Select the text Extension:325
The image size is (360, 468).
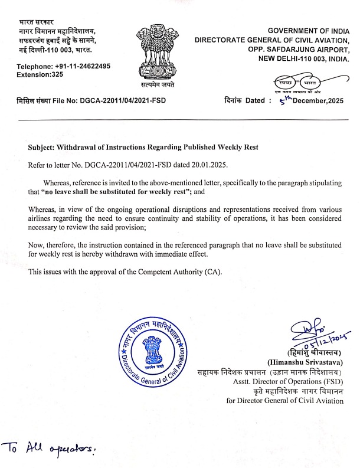[x=40, y=75]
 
